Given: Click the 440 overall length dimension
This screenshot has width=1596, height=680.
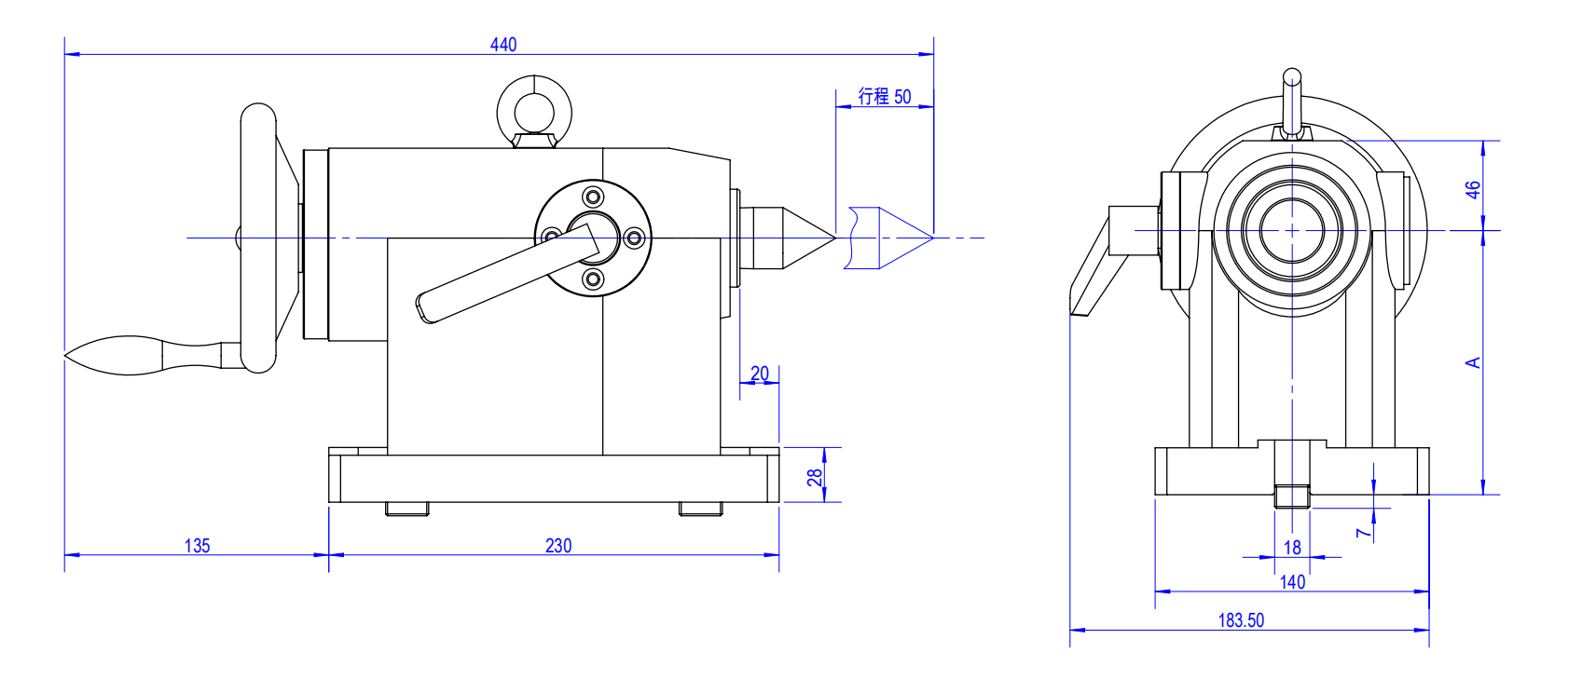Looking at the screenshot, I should [x=502, y=44].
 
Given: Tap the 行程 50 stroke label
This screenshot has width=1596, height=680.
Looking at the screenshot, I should [x=884, y=96].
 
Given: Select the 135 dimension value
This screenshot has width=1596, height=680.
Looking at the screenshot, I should [x=197, y=546].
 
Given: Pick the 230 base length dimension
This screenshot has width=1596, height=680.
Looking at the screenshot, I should [x=557, y=546].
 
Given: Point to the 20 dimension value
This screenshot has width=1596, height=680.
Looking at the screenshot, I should [x=760, y=374].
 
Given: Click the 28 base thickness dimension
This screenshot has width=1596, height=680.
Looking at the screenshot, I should [x=815, y=477].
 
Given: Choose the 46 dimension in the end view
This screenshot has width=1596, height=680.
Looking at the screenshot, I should [x=1472, y=189].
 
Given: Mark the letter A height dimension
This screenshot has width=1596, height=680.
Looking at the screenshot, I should [x=1472, y=362].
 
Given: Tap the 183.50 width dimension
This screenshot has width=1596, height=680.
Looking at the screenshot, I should [x=1241, y=620].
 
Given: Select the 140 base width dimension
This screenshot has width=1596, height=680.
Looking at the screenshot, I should [x=1292, y=582].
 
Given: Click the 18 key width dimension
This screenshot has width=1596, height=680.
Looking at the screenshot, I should [x=1292, y=548].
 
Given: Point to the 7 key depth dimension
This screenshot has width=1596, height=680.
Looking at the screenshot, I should [x=1363, y=533].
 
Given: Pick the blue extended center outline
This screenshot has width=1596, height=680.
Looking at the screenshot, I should [x=886, y=238].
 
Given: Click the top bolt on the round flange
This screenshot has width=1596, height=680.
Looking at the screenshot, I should [x=593, y=197].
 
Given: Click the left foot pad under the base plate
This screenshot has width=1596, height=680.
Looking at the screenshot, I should [x=407, y=509].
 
